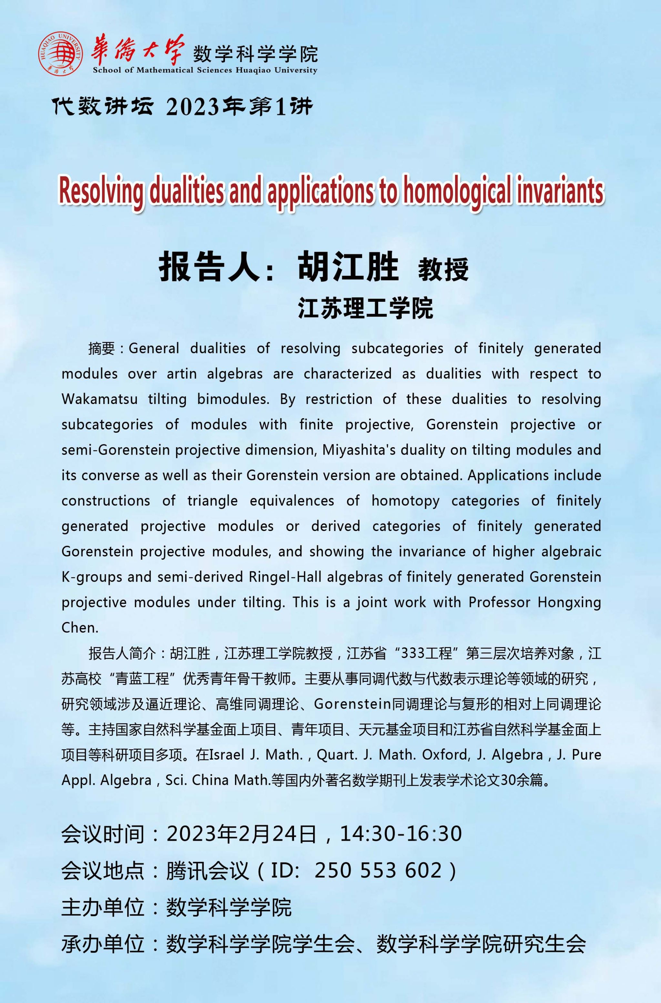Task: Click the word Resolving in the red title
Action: pyautogui.click(x=102, y=191)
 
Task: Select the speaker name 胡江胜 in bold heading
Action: pyautogui.click(x=348, y=267)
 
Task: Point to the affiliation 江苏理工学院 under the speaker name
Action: pyautogui.click(x=365, y=308)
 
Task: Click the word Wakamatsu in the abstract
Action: pyautogui.click(x=99, y=399)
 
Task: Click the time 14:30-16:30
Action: pyautogui.click(x=401, y=834)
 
